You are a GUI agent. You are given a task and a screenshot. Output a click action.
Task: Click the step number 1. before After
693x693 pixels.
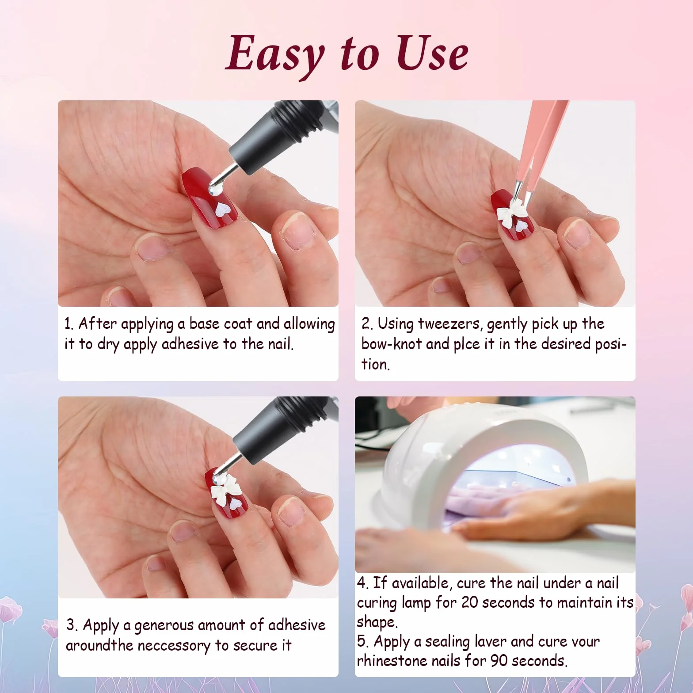pos(69,324)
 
